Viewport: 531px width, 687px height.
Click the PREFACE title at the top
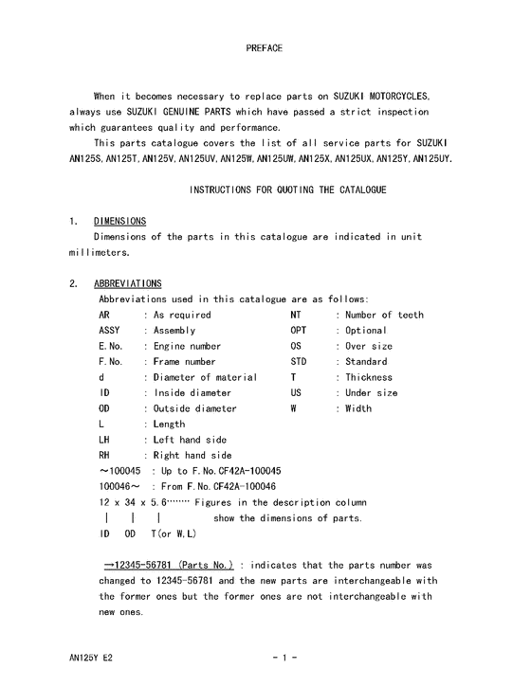(x=265, y=47)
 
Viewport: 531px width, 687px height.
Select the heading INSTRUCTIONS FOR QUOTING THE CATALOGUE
(x=287, y=190)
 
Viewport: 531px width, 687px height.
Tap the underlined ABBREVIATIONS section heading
(x=128, y=283)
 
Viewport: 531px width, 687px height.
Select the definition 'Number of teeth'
(x=384, y=315)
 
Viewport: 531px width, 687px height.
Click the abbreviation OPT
(x=299, y=331)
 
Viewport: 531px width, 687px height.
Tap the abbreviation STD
(x=299, y=362)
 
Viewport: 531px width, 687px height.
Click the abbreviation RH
(x=105, y=455)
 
